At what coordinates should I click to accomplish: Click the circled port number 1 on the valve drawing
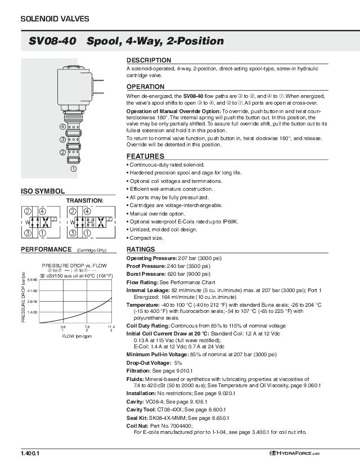click(x=74, y=167)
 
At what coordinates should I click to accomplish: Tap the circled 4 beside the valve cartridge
click(x=62, y=126)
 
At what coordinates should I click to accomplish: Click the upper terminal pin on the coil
click(x=99, y=79)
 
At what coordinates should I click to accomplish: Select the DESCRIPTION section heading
click(x=148, y=60)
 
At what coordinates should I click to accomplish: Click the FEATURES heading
click(x=145, y=156)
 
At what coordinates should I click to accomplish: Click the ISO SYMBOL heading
click(x=43, y=191)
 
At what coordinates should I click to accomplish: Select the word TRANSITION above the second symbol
click(x=85, y=200)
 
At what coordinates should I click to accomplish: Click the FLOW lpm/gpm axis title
click(x=76, y=336)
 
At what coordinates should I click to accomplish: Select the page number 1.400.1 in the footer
click(x=30, y=453)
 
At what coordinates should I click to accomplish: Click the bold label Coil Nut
click(x=138, y=426)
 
